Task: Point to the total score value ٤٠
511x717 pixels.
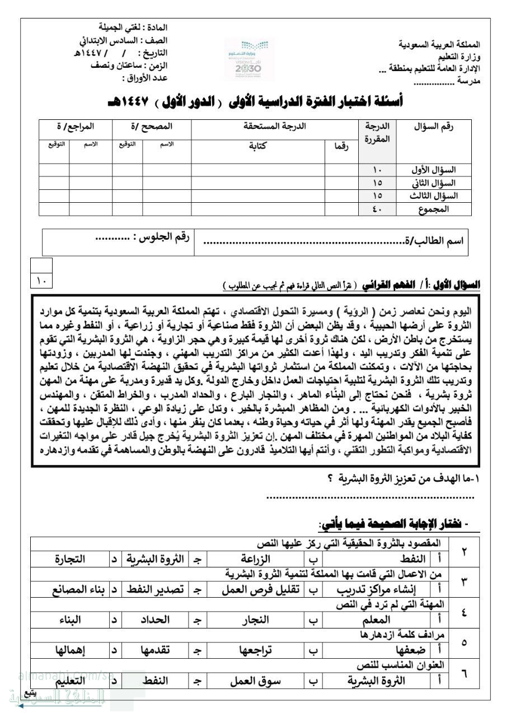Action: (377, 209)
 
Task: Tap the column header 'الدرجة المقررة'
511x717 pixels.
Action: (378, 132)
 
